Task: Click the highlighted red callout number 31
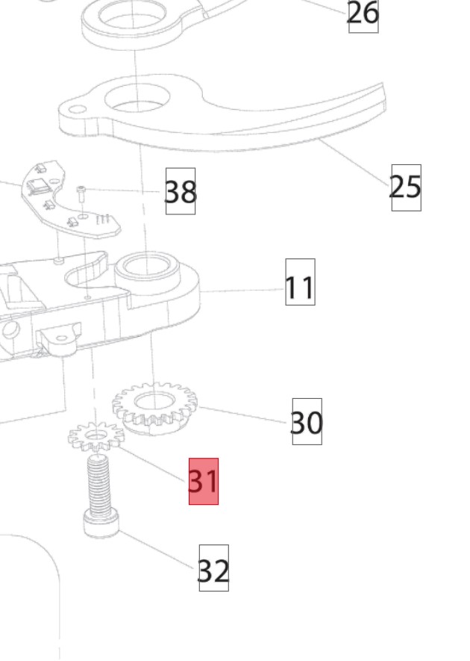(x=203, y=481)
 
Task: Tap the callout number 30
(x=306, y=422)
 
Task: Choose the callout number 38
(x=180, y=192)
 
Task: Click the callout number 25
(x=406, y=187)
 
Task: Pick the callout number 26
(x=363, y=13)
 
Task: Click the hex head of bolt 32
(x=98, y=524)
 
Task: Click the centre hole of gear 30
(x=154, y=403)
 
